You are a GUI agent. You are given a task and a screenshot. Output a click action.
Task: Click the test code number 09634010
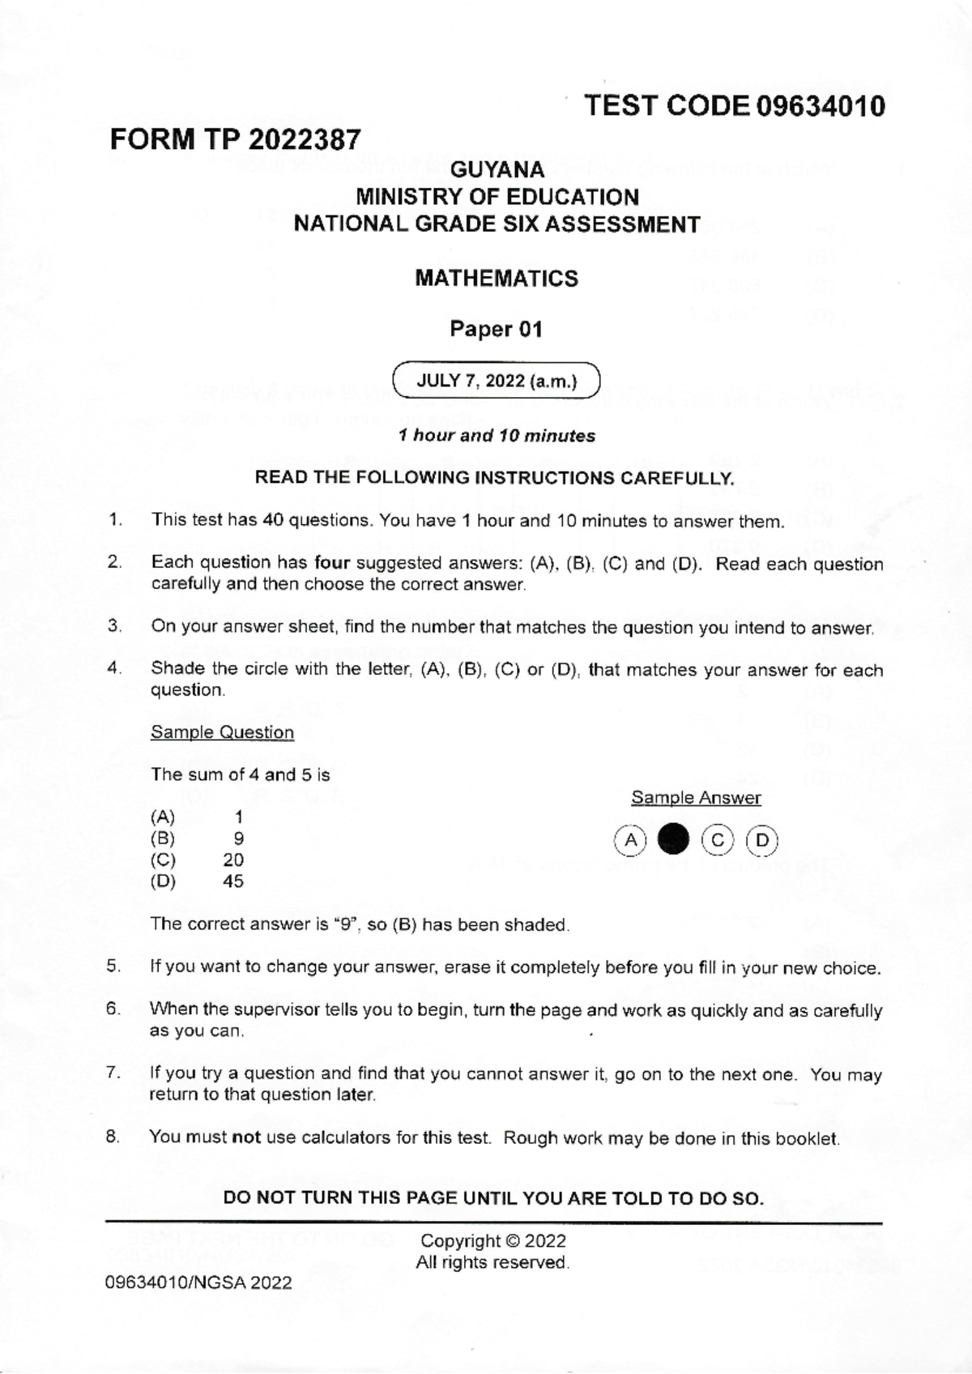coord(820,106)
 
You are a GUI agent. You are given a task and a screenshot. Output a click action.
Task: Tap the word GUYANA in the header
coord(497,170)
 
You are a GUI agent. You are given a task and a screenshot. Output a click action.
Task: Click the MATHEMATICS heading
coord(497,279)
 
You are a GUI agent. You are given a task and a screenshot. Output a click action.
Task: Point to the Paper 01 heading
coord(496,330)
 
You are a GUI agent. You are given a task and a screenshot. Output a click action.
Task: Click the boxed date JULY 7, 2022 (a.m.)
coord(496,382)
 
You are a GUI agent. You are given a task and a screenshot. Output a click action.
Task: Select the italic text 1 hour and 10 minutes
coord(497,436)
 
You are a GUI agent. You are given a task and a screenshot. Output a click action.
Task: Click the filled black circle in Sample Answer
coord(673,840)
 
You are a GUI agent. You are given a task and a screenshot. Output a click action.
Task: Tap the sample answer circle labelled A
coord(630,840)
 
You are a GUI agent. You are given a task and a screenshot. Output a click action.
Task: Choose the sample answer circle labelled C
coord(717,840)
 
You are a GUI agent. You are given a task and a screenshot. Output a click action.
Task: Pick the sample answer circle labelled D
coord(761,840)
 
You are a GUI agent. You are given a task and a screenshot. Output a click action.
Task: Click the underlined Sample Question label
coord(222,733)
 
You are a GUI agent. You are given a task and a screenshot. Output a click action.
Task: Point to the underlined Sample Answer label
coord(696,798)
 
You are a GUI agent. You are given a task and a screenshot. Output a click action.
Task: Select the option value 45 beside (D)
coord(233,881)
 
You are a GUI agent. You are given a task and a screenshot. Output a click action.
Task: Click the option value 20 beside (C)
coord(233,860)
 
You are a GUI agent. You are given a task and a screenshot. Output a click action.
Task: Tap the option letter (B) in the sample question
coord(163,839)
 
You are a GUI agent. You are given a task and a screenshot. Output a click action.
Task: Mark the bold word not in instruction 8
coord(245,1137)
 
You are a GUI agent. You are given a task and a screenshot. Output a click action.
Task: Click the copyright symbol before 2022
coord(513,1241)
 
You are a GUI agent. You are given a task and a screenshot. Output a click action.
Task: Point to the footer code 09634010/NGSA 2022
coord(198,1283)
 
